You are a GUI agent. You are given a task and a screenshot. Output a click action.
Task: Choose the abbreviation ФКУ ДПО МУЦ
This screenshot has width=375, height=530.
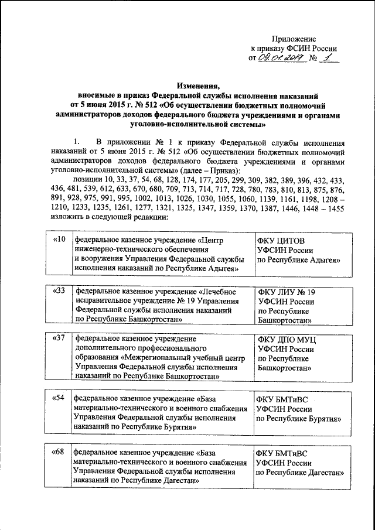(x=288, y=339)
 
